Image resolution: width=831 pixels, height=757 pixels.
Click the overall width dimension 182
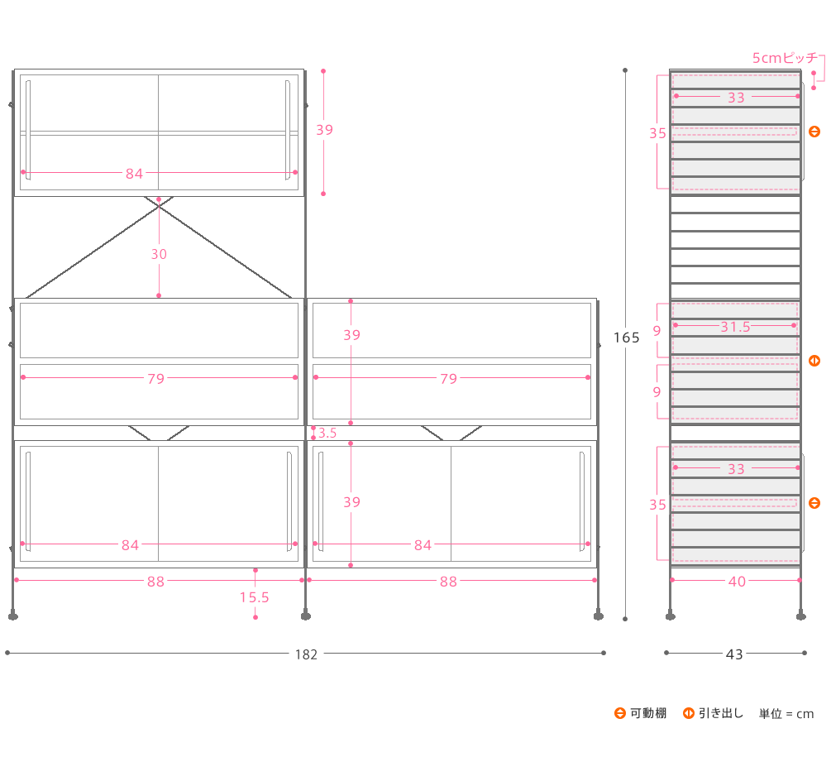pos(306,654)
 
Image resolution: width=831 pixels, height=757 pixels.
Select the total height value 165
pos(627,338)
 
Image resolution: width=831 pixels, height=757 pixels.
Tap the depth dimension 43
pos(734,654)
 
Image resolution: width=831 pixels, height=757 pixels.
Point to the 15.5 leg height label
pos(255,597)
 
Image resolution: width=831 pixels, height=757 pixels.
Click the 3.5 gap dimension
pos(327,433)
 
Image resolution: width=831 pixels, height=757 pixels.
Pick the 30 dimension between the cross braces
pos(159,254)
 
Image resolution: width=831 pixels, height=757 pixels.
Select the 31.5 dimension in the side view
pos(736,327)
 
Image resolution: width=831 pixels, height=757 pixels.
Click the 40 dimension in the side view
pos(738,582)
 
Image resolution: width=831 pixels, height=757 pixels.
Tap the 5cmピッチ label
pos(786,58)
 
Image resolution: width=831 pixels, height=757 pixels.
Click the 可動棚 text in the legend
pos(648,713)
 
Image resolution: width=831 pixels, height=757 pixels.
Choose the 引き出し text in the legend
pos(721,713)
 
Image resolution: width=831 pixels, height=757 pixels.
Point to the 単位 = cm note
pos(786,714)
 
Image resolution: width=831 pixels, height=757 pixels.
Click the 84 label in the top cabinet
pos(134,174)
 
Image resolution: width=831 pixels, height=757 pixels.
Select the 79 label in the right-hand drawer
pos(448,379)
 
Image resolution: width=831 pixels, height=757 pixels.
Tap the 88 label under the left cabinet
pos(155,582)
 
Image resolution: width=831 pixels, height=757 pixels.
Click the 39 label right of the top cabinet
pos(324,130)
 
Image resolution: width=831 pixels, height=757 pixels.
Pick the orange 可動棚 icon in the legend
pos(620,713)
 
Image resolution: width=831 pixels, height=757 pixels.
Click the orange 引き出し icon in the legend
pos(689,713)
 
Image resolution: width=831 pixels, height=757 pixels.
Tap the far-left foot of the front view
pos(13,616)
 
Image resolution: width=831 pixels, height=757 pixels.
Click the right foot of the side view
pos(800,616)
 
